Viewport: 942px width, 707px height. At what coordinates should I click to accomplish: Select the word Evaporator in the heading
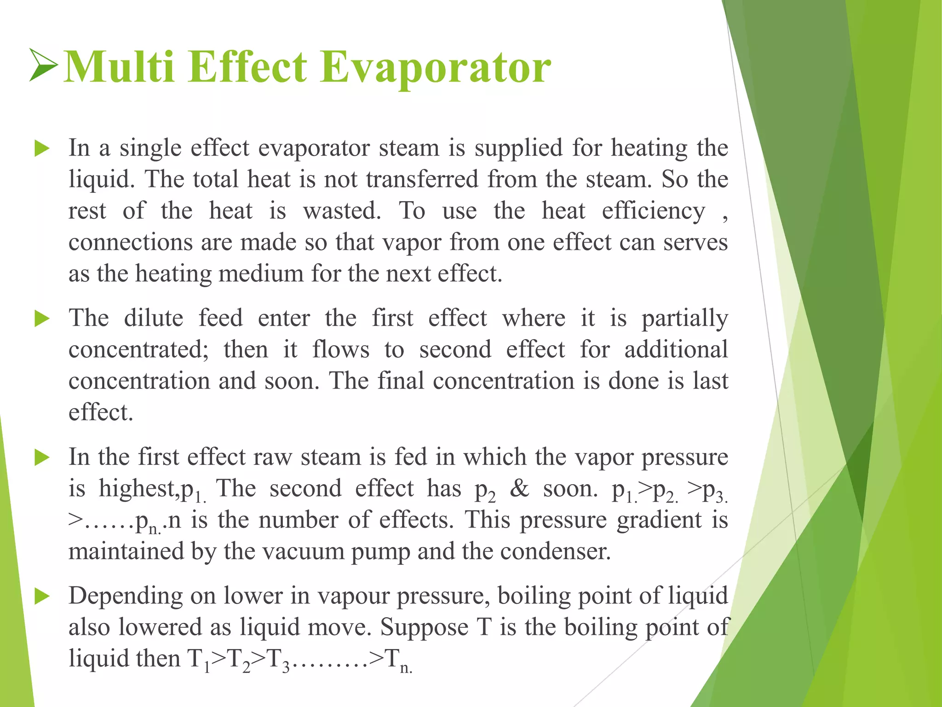[x=435, y=68]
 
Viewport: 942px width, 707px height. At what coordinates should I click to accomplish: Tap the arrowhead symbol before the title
[x=43, y=65]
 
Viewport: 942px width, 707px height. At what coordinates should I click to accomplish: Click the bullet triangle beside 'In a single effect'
[x=42, y=149]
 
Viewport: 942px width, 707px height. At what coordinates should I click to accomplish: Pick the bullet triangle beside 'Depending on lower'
[x=42, y=597]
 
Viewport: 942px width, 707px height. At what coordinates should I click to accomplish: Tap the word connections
[x=130, y=243]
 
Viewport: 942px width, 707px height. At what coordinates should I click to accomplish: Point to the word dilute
[x=153, y=318]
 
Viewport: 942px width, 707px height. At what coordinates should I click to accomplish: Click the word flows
[x=340, y=349]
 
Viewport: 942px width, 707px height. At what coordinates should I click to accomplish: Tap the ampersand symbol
[x=519, y=488]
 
